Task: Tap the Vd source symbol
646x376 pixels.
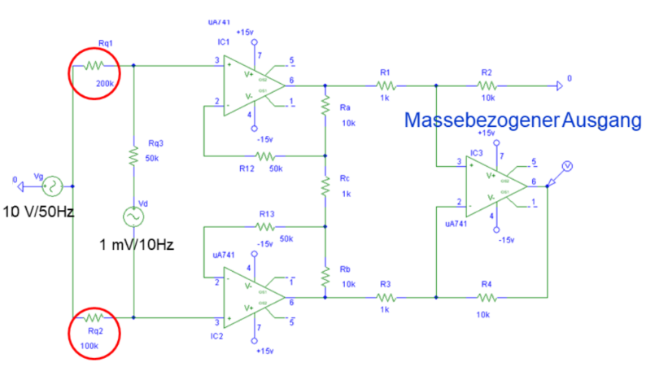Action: [133, 217]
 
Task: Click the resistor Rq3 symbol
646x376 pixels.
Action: [133, 156]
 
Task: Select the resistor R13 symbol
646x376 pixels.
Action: [265, 226]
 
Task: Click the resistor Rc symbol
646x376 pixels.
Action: [325, 186]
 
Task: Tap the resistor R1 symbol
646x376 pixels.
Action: [386, 84]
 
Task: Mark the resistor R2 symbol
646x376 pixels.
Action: [487, 84]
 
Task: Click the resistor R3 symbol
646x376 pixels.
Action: [386, 297]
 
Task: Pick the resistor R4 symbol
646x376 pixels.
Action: [487, 297]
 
